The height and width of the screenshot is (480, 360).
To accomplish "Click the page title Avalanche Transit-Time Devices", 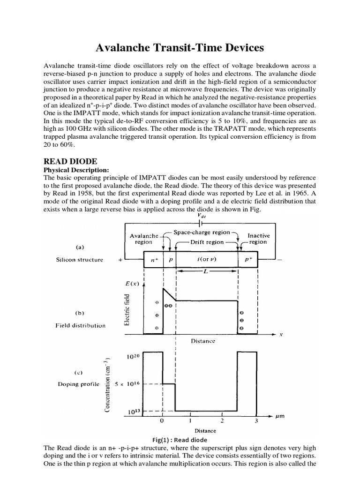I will tap(180, 48).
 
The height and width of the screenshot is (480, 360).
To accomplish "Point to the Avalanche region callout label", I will tap(143, 239).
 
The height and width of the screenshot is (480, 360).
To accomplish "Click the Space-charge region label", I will tap(202, 232).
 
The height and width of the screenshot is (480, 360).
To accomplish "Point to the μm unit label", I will tap(280, 416).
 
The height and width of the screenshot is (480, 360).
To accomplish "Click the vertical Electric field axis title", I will tap(126, 310).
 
